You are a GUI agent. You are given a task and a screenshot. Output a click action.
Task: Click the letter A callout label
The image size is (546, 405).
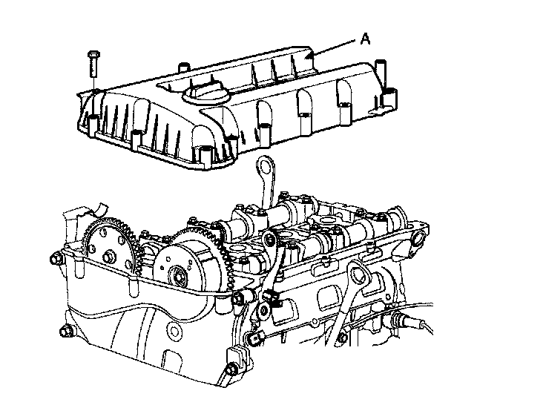tap(365, 39)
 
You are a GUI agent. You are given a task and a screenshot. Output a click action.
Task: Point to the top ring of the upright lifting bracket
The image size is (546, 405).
tap(266, 166)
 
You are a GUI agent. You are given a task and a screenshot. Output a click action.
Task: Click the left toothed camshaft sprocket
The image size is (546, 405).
tap(112, 247)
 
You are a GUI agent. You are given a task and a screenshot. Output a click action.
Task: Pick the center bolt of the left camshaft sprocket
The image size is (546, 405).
tap(108, 257)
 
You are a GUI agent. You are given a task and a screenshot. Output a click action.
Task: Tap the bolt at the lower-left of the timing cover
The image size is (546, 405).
tap(65, 331)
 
